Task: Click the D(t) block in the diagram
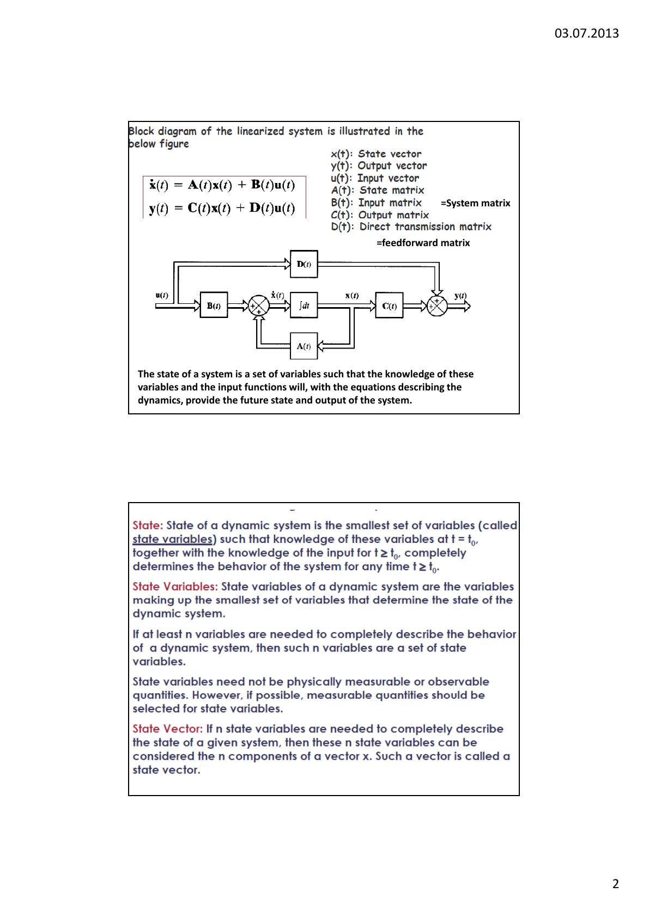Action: [304, 264]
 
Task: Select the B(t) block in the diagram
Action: [214, 305]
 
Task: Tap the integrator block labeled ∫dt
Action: [304, 305]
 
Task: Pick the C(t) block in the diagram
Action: [389, 305]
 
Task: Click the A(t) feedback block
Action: [304, 346]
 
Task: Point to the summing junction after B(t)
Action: [258, 306]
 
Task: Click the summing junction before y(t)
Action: [437, 306]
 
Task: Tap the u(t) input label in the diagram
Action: [161, 295]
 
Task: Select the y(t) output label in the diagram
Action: [460, 296]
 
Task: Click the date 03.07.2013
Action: [586, 33]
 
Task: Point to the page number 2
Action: [615, 884]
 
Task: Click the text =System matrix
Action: [475, 203]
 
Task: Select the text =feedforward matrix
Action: [423, 243]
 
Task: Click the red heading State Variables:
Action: [175, 586]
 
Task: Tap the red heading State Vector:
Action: [168, 729]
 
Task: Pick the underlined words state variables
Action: [173, 539]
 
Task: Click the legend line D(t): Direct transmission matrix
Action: [411, 227]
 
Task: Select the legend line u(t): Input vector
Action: [375, 178]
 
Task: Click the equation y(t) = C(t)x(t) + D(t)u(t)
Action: [222, 208]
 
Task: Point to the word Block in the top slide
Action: [141, 131]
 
